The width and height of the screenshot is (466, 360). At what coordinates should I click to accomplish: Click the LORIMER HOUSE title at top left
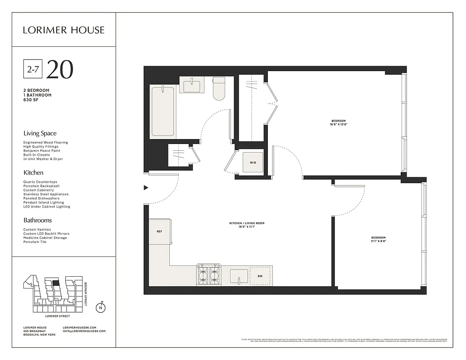click(x=64, y=30)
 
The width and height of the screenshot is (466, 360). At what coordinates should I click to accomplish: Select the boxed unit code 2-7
click(x=32, y=69)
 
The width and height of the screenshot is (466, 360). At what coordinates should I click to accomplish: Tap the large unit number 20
click(x=59, y=69)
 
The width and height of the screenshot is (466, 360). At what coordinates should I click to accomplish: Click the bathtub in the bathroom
click(x=163, y=112)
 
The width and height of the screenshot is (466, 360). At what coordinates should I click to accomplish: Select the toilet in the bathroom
click(x=219, y=89)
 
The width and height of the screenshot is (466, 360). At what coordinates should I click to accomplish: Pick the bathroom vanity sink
click(x=192, y=85)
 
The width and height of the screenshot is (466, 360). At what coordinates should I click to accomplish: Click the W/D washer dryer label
click(x=253, y=162)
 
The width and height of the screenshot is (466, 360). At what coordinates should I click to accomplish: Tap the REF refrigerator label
click(x=159, y=232)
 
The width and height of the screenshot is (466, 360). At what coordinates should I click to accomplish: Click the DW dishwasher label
click(x=260, y=276)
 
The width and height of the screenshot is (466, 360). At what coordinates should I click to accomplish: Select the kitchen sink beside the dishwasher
click(x=239, y=275)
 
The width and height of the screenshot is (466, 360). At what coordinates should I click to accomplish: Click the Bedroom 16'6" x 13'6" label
click(x=339, y=122)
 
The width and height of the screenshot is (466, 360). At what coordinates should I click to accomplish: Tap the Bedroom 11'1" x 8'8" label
click(x=378, y=239)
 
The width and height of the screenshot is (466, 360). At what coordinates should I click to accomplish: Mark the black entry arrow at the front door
click(x=145, y=188)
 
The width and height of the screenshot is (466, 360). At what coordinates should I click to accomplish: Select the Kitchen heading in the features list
click(x=33, y=172)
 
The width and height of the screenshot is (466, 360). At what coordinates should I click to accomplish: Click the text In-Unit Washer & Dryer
click(x=43, y=159)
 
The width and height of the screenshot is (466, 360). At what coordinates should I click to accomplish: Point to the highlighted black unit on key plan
click(x=56, y=283)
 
